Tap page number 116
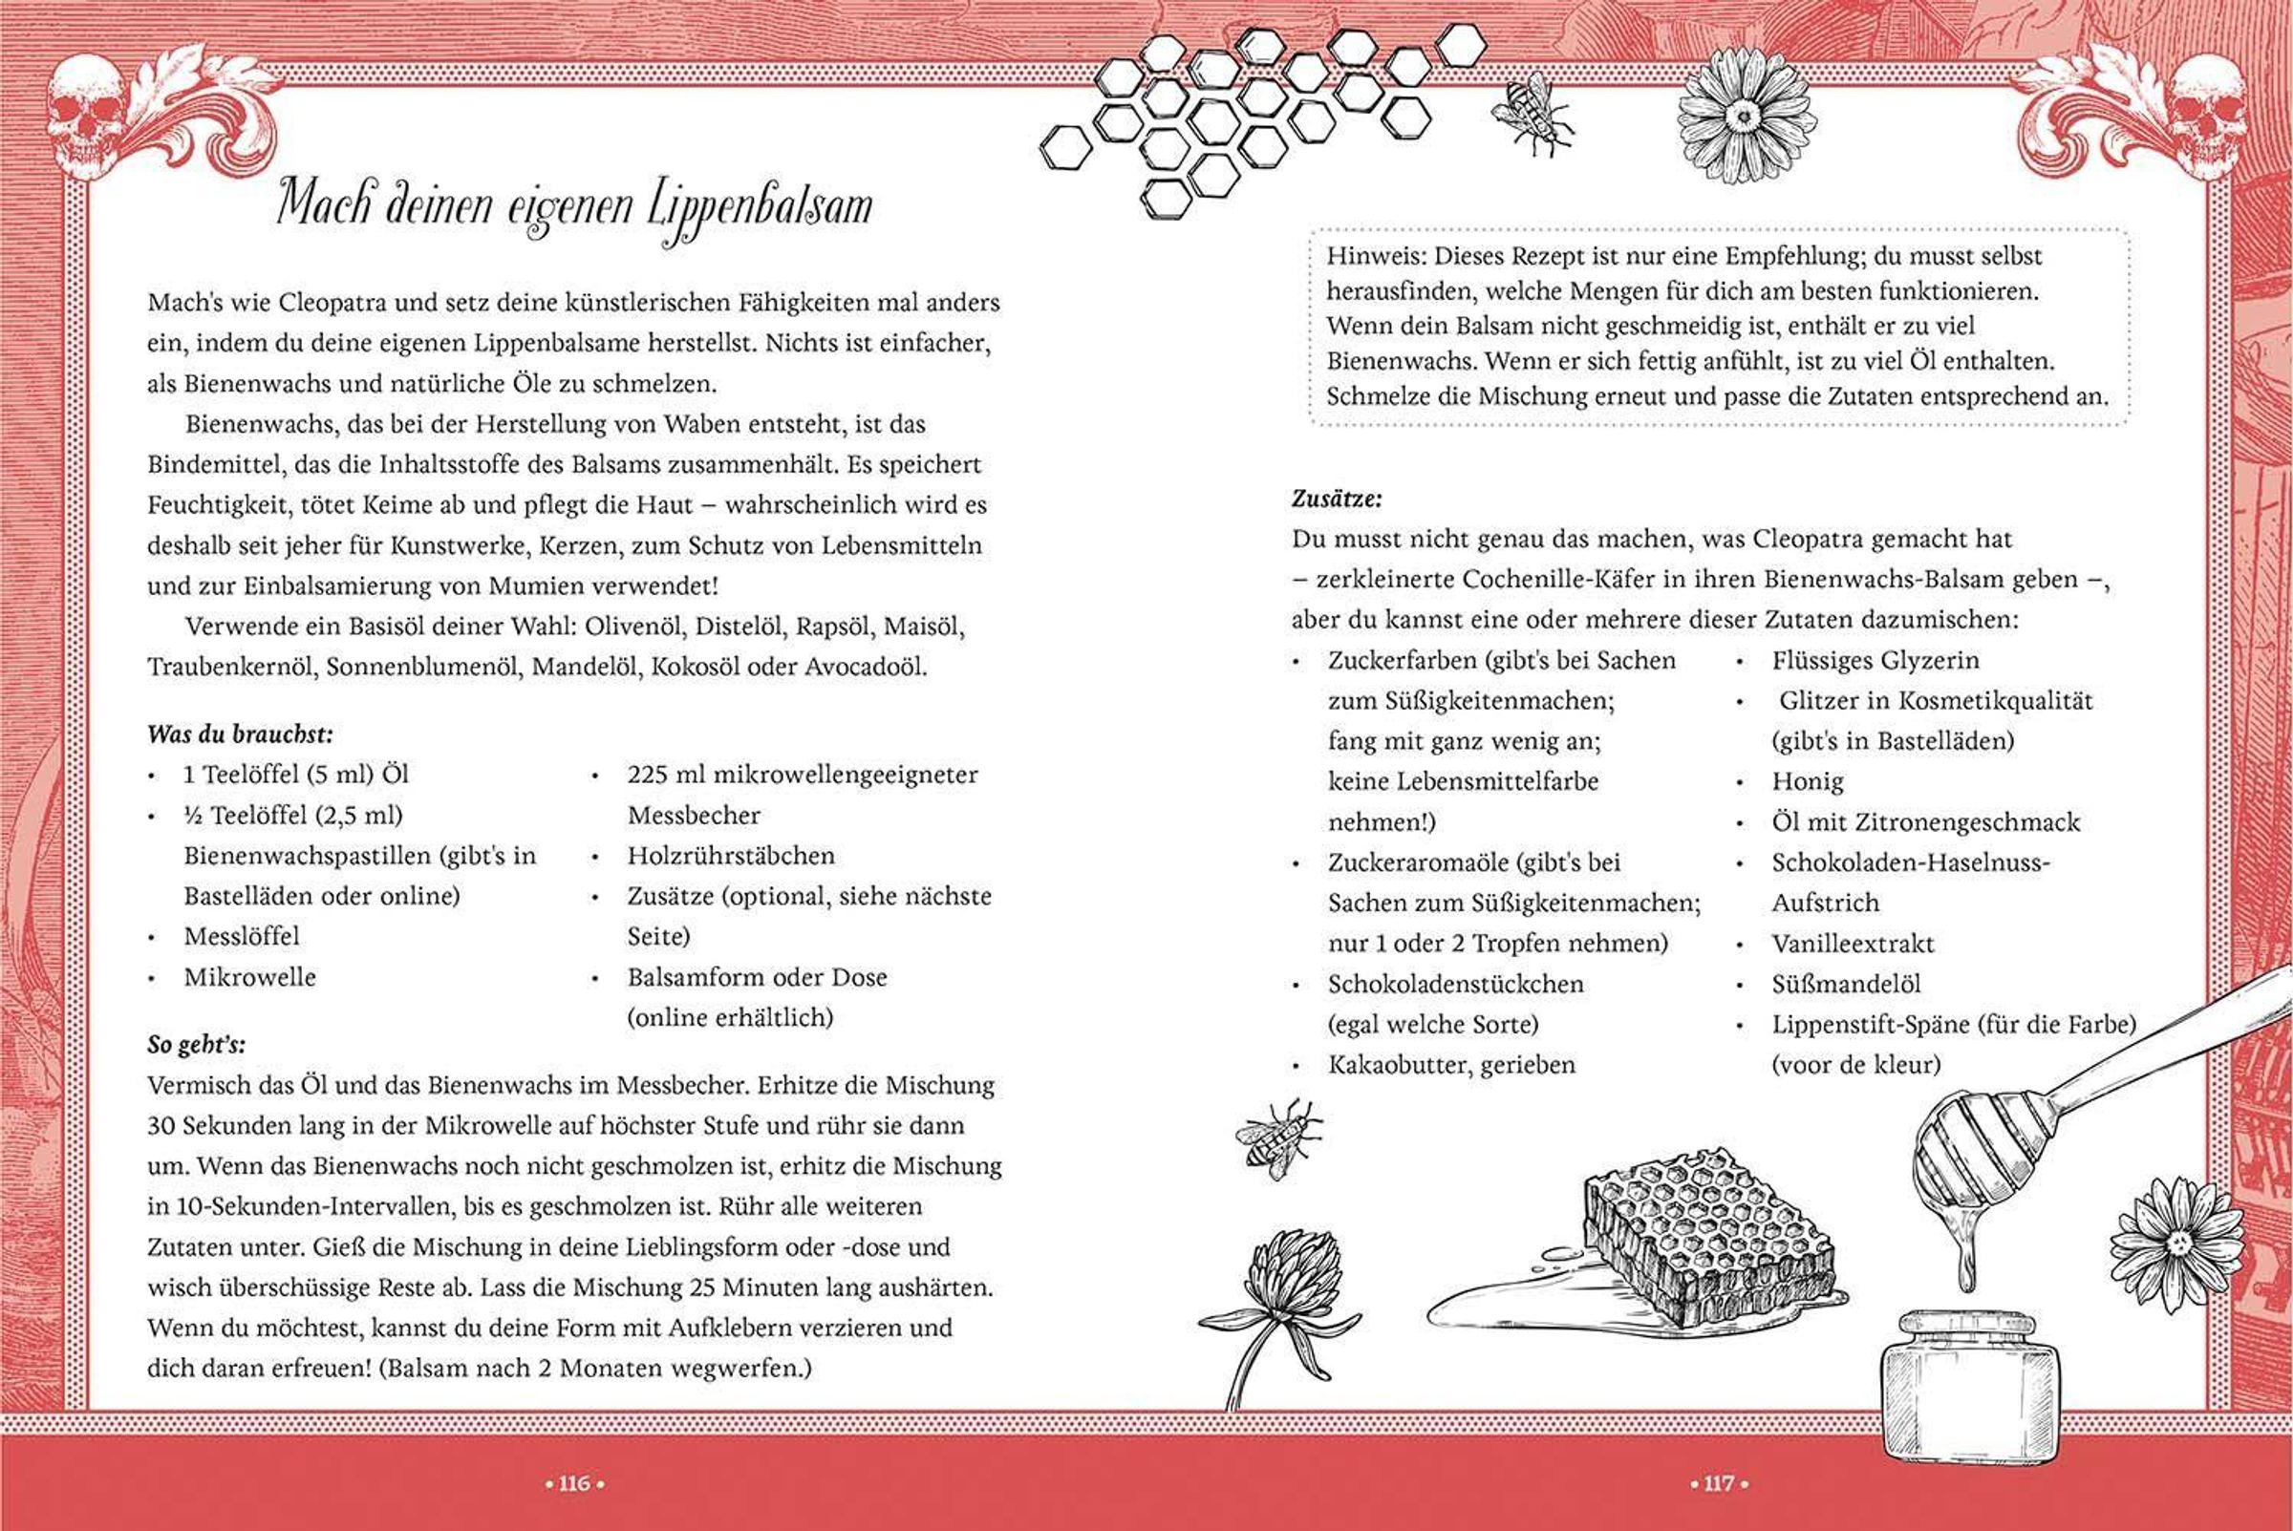coord(574,1483)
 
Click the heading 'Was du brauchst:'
coord(240,734)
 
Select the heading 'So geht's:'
coord(196,1044)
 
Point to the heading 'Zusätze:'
coord(1337,498)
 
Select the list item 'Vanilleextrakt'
coord(1853,944)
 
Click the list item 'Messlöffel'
coord(241,936)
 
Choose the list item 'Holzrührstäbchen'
coord(731,856)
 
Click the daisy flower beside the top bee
coord(1746,117)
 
